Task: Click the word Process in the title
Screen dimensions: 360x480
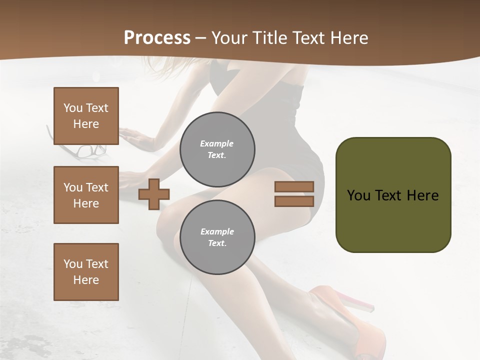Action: (157, 38)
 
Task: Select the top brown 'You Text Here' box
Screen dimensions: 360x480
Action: (86, 116)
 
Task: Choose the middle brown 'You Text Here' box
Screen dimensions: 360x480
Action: (86, 195)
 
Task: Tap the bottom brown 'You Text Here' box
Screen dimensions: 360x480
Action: (86, 272)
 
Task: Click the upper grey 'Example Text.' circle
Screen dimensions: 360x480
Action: (217, 149)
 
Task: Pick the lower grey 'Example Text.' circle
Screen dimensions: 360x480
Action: (217, 237)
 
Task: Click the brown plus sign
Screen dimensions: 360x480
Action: (154, 194)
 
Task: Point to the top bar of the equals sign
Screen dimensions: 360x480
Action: (294, 186)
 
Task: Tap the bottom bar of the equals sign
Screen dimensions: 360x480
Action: (294, 201)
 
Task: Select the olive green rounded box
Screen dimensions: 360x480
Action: (393, 195)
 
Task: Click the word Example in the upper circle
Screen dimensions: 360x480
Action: (217, 143)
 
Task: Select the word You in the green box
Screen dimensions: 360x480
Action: (358, 195)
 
